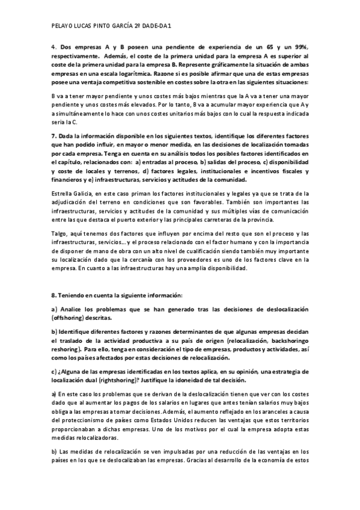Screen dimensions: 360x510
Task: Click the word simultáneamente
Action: pyautogui.click(x=79, y=112)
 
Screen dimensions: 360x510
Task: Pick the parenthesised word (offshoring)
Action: pyautogui.click(x=69, y=317)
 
